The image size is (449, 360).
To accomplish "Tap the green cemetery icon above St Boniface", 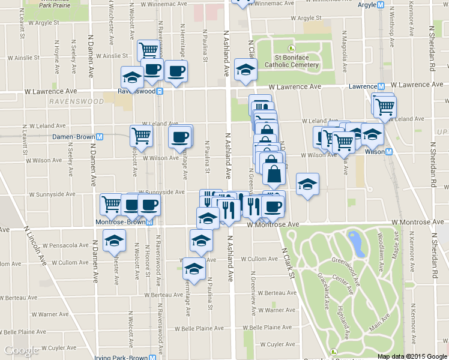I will point(292,49).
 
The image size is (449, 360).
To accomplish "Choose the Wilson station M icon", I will point(389,152).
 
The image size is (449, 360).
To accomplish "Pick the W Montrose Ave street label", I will point(273,224).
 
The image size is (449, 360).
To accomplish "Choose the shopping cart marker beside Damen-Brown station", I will point(141,136).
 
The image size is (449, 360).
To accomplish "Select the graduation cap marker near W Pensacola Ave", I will point(113,241).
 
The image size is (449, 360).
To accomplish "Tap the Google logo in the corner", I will point(21,350).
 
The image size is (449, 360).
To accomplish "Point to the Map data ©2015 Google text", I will point(412,356).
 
